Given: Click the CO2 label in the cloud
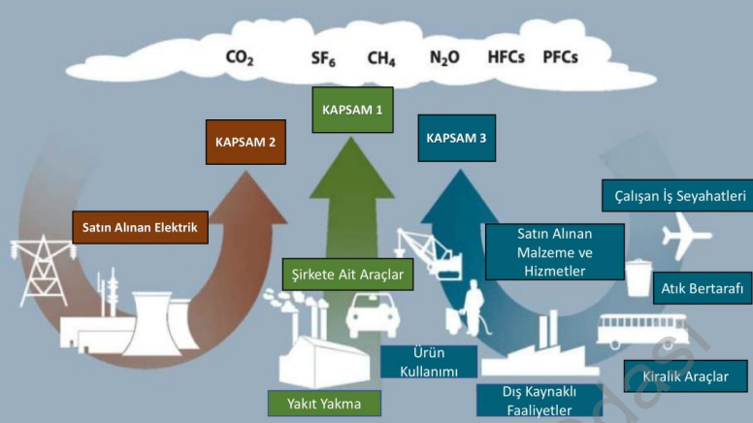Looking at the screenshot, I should [240, 57].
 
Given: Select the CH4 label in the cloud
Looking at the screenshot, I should [380, 57].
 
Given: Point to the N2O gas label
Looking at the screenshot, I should [445, 57].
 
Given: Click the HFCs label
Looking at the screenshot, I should [506, 57].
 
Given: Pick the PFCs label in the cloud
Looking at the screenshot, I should [561, 57].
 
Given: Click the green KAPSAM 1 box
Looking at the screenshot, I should [352, 110].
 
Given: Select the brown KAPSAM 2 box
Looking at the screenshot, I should [246, 142].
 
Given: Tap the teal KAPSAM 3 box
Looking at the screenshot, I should [456, 138].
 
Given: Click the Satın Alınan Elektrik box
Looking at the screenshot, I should [140, 228].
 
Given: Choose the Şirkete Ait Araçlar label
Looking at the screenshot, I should [346, 274].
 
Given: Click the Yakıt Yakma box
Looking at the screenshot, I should [325, 404].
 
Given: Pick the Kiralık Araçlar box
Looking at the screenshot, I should [685, 376].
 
